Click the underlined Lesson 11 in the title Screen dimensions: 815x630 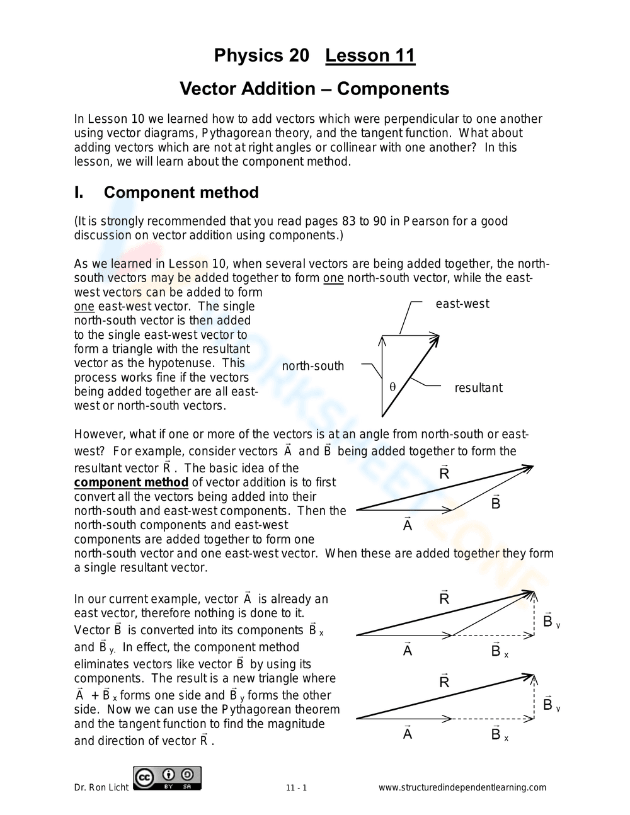[x=370, y=56]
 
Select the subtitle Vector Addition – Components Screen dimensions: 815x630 [x=314, y=89]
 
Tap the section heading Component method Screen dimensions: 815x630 [x=181, y=192]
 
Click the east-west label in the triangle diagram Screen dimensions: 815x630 [x=462, y=304]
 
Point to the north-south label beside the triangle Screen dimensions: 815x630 [x=312, y=366]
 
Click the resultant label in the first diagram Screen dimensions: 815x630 [x=478, y=388]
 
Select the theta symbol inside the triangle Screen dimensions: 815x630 [x=392, y=387]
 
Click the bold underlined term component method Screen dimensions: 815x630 [x=131, y=482]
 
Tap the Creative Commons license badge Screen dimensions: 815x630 [x=167, y=778]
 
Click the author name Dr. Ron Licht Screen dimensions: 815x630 [x=101, y=787]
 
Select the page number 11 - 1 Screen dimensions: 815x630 [x=296, y=788]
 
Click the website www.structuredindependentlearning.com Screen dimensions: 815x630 [x=462, y=788]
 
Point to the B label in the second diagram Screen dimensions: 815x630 [x=496, y=503]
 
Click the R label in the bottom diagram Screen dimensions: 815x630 [x=444, y=681]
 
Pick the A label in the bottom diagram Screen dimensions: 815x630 [x=408, y=733]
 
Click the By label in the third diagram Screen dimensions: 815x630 [x=549, y=622]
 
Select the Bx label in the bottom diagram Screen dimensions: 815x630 [x=498, y=734]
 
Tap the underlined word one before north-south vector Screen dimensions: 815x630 [x=333, y=278]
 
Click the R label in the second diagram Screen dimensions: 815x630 [x=444, y=473]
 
